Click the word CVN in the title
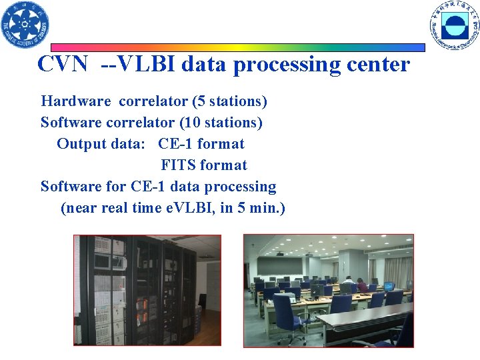point(62,65)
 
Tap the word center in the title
point(375,65)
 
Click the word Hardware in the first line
point(76,101)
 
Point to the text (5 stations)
point(229,101)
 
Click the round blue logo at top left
point(25,25)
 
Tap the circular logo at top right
point(455,25)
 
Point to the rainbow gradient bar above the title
point(238,48)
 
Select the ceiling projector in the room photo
point(280,253)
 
